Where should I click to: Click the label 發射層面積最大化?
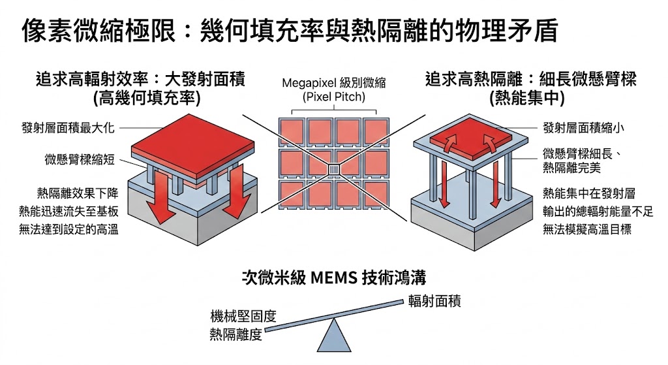[x=68, y=128]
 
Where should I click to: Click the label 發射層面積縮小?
[x=583, y=128]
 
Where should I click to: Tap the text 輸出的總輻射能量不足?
[x=598, y=212]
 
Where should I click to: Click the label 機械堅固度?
[x=243, y=316]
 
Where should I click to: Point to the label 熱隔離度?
[x=235, y=334]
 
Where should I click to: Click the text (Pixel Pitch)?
[x=334, y=97]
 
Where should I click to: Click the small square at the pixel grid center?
[x=333, y=170]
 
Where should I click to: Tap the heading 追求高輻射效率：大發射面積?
[x=145, y=80]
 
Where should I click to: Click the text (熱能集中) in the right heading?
[x=530, y=98]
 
